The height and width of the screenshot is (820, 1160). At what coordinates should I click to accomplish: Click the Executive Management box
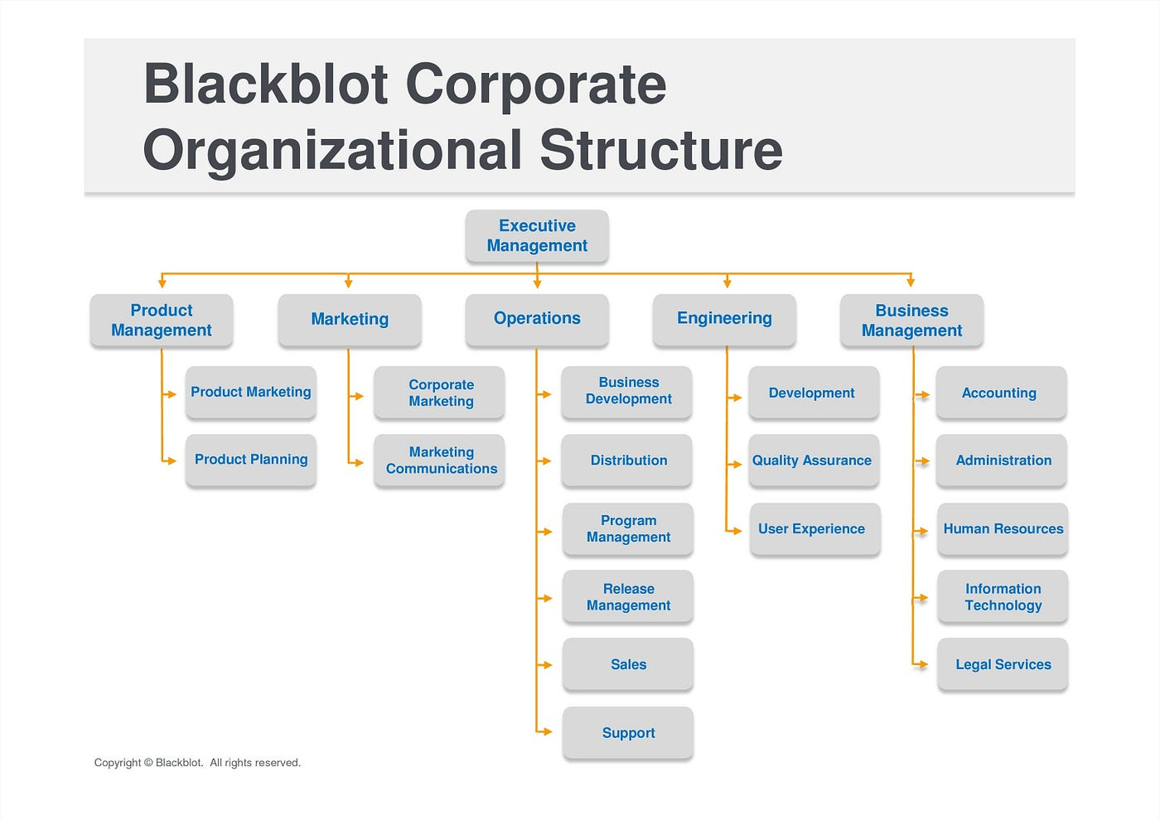[537, 236]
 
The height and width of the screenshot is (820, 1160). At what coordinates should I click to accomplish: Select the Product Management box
[162, 321]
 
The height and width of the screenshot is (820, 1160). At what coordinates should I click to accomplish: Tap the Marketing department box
[350, 320]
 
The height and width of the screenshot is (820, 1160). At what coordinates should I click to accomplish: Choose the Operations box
[537, 319]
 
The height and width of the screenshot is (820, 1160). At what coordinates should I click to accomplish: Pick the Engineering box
[724, 319]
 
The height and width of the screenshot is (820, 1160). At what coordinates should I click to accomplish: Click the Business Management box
[911, 321]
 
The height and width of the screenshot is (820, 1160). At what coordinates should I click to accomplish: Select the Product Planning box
[251, 460]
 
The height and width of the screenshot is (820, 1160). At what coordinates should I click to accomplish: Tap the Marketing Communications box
[440, 461]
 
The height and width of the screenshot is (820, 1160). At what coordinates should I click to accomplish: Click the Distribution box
[627, 461]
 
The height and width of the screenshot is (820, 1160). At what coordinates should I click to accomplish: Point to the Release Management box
[628, 597]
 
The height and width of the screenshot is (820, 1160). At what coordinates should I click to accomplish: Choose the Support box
[628, 733]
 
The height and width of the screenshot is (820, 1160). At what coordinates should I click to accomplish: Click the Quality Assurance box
[813, 461]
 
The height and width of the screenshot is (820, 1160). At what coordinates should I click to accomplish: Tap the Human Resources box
[1003, 529]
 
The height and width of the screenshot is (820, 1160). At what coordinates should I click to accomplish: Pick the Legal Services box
[1003, 664]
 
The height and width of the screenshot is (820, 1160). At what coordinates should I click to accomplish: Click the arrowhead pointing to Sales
[547, 665]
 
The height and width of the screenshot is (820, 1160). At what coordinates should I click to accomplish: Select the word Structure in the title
[660, 151]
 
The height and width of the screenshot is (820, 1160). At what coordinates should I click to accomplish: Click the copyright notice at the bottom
[197, 763]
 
